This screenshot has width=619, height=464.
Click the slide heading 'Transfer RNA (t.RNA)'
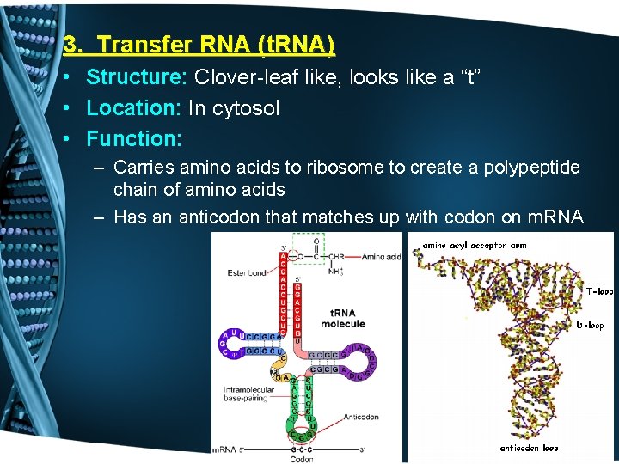[x=216, y=44]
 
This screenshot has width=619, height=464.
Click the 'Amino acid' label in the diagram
[x=381, y=257]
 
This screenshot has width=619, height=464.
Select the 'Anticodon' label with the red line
[x=360, y=418]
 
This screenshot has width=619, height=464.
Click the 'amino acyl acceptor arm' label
[x=474, y=246]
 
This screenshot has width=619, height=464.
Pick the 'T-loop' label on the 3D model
[x=599, y=292]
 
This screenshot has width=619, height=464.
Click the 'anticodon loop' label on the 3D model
[x=530, y=448]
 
